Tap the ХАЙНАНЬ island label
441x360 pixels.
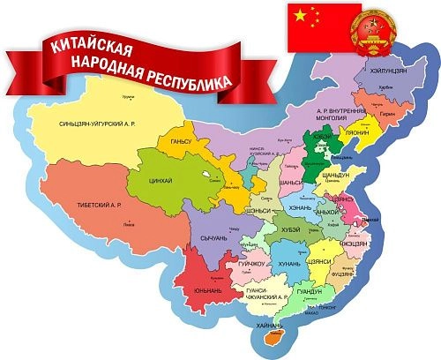(268, 326)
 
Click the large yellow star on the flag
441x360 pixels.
(300, 15)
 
